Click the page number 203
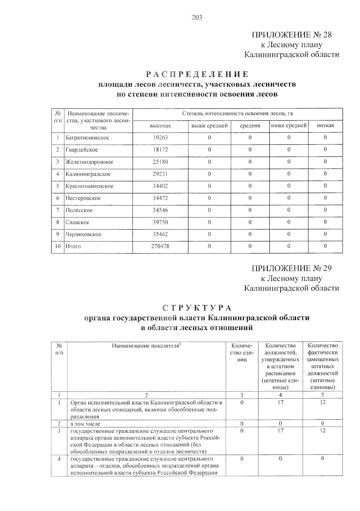[x=197, y=18]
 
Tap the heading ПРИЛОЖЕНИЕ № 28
[x=291, y=35]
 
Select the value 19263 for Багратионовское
[x=160, y=138]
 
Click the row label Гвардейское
[x=82, y=150]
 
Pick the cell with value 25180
[x=160, y=162]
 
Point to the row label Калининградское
[x=88, y=174]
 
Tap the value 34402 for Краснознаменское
[x=160, y=186]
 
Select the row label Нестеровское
[x=83, y=198]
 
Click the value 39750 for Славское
[x=160, y=222]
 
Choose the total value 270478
[x=160, y=246]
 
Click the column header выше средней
[x=209, y=125]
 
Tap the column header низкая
[x=325, y=125]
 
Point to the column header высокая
[x=160, y=126]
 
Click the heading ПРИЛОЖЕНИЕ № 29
[x=291, y=268]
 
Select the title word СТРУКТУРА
[x=197, y=308]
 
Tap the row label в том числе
[x=85, y=424]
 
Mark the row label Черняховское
[x=83, y=234]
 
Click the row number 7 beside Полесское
[x=58, y=210]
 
